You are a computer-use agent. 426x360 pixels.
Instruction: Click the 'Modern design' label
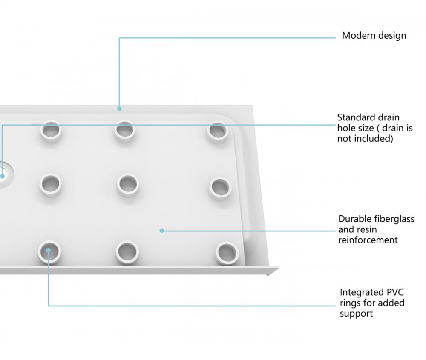(374, 36)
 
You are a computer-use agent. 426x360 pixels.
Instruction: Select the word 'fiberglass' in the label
(394, 219)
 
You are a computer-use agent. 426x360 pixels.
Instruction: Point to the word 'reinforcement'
(368, 240)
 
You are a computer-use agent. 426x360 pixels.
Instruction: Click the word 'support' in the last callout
(356, 314)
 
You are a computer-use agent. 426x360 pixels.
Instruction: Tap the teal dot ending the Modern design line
(119, 109)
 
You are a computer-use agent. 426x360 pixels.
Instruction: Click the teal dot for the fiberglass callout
(161, 231)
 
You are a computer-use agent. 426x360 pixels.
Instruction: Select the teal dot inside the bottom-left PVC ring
(49, 250)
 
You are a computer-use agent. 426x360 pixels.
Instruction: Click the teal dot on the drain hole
(2, 176)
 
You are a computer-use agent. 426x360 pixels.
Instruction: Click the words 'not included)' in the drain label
(365, 139)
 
